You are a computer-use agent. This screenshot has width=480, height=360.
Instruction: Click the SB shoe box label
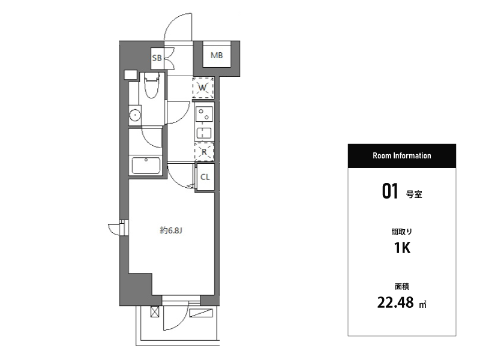pos(157,58)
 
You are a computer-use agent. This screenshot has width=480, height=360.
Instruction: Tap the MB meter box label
pos(217,55)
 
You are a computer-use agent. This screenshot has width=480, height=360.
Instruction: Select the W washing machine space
pos(203,88)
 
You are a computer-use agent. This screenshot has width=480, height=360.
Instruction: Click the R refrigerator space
pos(204,152)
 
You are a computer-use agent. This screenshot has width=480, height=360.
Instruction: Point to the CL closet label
pos(205,177)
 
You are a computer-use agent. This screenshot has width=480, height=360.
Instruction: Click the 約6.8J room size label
pos(171,230)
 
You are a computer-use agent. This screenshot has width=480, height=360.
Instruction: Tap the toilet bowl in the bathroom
pos(151,85)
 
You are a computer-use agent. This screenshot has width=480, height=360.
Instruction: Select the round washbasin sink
pos(134,115)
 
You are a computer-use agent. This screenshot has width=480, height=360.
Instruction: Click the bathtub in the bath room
pos(146,166)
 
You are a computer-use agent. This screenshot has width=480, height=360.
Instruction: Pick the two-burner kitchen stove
pos(204,114)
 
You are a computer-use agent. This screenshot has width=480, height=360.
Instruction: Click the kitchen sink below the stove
pos(204,133)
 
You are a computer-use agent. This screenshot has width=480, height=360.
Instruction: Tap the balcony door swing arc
pos(175,319)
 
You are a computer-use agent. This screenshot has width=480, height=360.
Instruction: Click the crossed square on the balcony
pos(155,312)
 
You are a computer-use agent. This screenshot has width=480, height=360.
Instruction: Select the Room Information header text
pos(401,155)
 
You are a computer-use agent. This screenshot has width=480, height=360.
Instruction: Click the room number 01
pos(389,191)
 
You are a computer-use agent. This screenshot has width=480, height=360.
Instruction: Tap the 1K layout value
pos(402,248)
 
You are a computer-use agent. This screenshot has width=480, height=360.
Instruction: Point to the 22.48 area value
pos(395,302)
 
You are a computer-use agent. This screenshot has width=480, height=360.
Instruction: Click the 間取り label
pos(401,232)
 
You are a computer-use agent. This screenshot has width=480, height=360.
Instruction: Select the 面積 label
pos(401,287)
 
